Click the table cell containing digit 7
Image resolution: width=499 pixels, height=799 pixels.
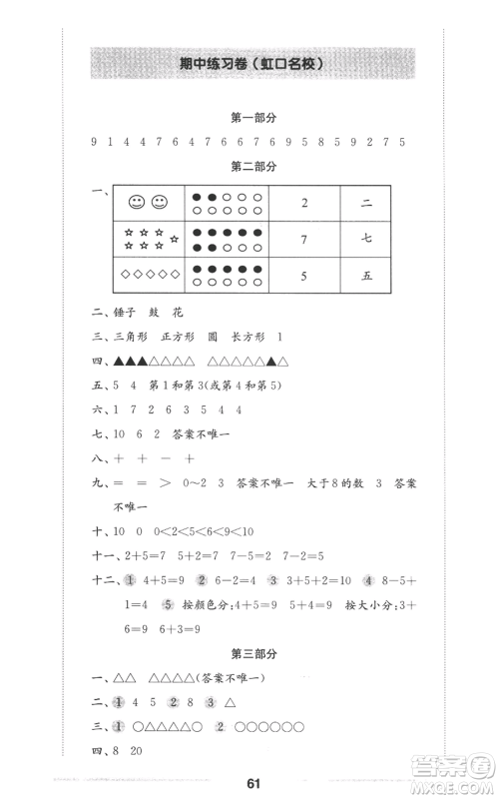click(x=304, y=240)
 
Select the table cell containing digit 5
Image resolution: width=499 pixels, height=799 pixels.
click(x=304, y=275)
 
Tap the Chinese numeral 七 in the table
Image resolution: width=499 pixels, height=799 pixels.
click(x=366, y=240)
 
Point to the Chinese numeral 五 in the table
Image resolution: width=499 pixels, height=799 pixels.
click(x=366, y=275)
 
